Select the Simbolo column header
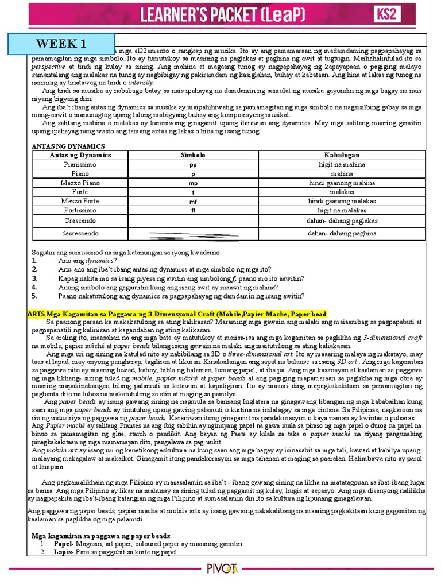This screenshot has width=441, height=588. coord(193,156)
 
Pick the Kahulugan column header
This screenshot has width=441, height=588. coord(342,156)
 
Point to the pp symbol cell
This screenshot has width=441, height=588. coord(193,165)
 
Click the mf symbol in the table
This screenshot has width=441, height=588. coord(193,202)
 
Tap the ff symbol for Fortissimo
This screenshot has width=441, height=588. coord(193,211)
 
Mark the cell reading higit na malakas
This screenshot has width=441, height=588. coord(342,211)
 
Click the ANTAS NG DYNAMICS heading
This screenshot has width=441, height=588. coord(68,146)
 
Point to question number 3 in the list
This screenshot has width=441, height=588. coord(34,278)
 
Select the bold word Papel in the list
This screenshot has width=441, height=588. coord(62,543)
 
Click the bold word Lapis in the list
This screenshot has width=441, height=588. coord(62,552)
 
